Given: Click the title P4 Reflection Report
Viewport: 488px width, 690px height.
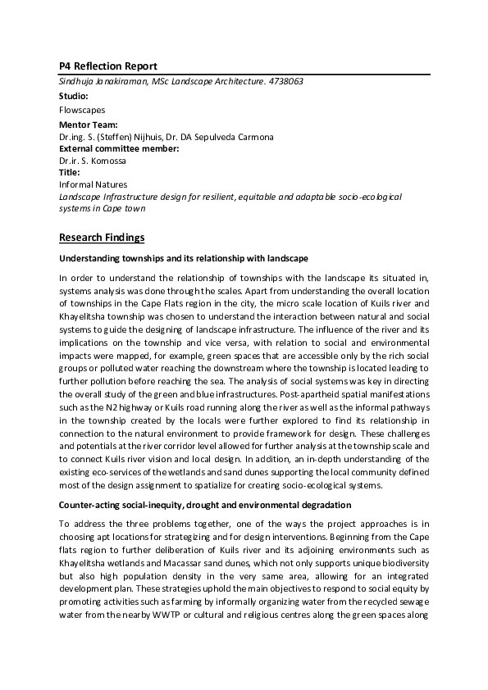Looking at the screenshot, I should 108,66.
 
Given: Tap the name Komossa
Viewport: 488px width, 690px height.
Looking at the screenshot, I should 109,161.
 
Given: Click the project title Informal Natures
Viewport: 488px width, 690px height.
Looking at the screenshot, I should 93,185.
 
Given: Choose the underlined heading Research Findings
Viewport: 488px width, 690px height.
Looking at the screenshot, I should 102,238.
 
